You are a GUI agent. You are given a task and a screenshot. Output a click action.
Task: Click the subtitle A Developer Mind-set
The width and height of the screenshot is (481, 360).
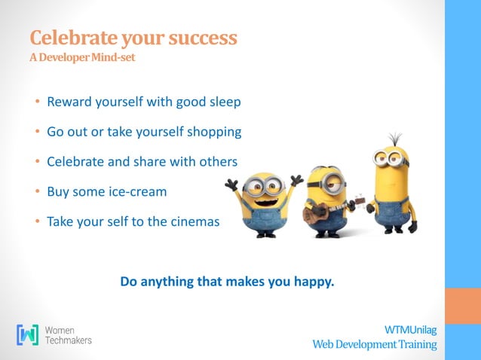click(x=82, y=58)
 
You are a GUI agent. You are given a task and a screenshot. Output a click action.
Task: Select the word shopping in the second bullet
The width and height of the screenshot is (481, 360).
click(x=213, y=132)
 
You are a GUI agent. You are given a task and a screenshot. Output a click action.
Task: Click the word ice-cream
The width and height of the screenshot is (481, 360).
click(x=135, y=191)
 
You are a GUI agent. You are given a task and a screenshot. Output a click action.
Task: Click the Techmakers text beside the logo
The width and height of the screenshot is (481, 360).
click(x=69, y=340)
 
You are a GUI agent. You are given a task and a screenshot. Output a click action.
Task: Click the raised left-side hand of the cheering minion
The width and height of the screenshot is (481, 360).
click(x=231, y=184)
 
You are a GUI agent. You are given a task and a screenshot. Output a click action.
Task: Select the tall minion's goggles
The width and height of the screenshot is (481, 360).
click(x=391, y=159)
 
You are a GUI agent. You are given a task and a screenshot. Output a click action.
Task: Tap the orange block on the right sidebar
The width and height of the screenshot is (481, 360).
click(x=463, y=306)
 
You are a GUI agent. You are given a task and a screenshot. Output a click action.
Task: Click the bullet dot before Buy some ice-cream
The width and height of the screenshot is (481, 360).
click(x=35, y=192)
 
